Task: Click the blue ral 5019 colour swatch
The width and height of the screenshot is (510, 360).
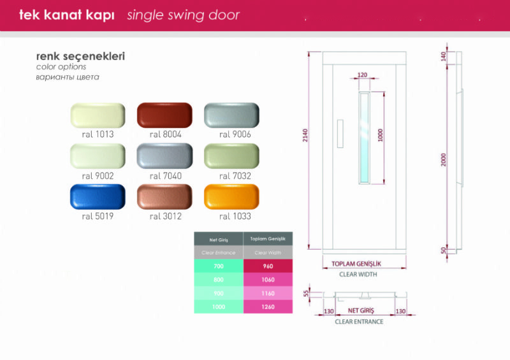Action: point(98,196)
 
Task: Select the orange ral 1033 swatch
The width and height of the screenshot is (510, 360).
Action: point(231,196)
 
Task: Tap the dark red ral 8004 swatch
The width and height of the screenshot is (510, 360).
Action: point(164,115)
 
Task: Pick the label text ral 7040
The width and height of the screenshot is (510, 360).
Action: point(166,176)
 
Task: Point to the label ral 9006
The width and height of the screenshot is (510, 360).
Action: point(235,134)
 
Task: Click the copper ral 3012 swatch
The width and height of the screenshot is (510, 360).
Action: point(164,196)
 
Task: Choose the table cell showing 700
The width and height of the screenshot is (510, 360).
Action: point(219,266)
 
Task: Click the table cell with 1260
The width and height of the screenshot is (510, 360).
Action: point(268,306)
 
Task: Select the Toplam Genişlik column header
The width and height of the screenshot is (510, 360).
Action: point(268,239)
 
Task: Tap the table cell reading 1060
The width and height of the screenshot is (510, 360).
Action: point(268,280)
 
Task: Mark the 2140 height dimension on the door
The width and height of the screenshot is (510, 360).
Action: point(305,135)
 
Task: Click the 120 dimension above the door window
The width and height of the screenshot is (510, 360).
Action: point(362,75)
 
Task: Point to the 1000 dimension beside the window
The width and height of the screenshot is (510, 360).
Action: point(380,135)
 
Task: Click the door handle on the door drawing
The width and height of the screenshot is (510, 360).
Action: point(340,134)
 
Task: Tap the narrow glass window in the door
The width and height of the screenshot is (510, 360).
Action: point(364,138)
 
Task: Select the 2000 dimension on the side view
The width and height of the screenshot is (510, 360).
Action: point(443,160)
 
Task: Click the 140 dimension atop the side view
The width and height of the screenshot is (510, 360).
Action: point(443,57)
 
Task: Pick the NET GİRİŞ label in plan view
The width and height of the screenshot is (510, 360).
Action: point(361,310)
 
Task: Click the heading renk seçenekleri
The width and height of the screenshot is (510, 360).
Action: point(80,56)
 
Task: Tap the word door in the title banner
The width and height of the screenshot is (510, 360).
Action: point(224,15)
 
